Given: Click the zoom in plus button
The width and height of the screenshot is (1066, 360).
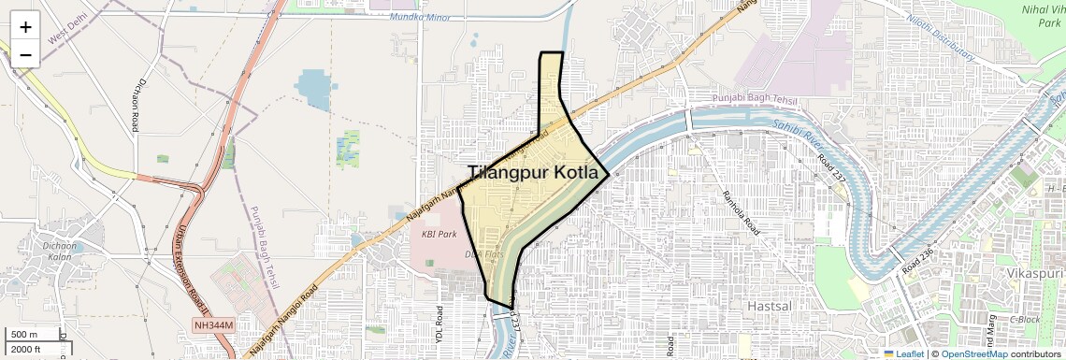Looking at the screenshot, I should click(25, 27).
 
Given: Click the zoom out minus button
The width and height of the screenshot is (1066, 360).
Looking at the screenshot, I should click(25, 55).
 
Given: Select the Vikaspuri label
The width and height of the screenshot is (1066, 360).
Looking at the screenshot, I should click(1034, 271).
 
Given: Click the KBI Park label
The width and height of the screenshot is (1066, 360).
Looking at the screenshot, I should click(439, 234).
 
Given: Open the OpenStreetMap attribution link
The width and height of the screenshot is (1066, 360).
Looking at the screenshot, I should click(980, 353).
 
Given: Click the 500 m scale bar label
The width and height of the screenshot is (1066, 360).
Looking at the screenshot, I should click(24, 335).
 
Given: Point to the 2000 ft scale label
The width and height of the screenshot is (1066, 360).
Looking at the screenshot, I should click(26, 350).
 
